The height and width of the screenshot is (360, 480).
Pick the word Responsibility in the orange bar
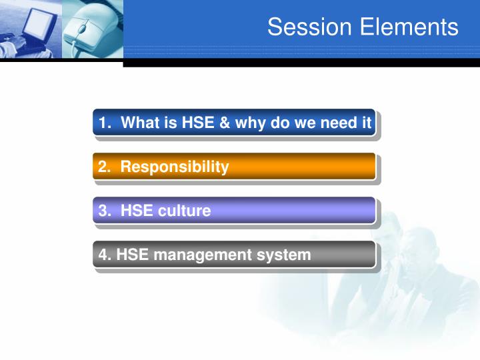point(175,167)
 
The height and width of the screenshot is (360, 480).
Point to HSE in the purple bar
point(134,211)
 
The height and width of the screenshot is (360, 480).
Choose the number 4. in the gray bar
point(105,255)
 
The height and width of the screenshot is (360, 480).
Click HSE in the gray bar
point(130,255)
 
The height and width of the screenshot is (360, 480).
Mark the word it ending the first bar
point(366,123)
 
